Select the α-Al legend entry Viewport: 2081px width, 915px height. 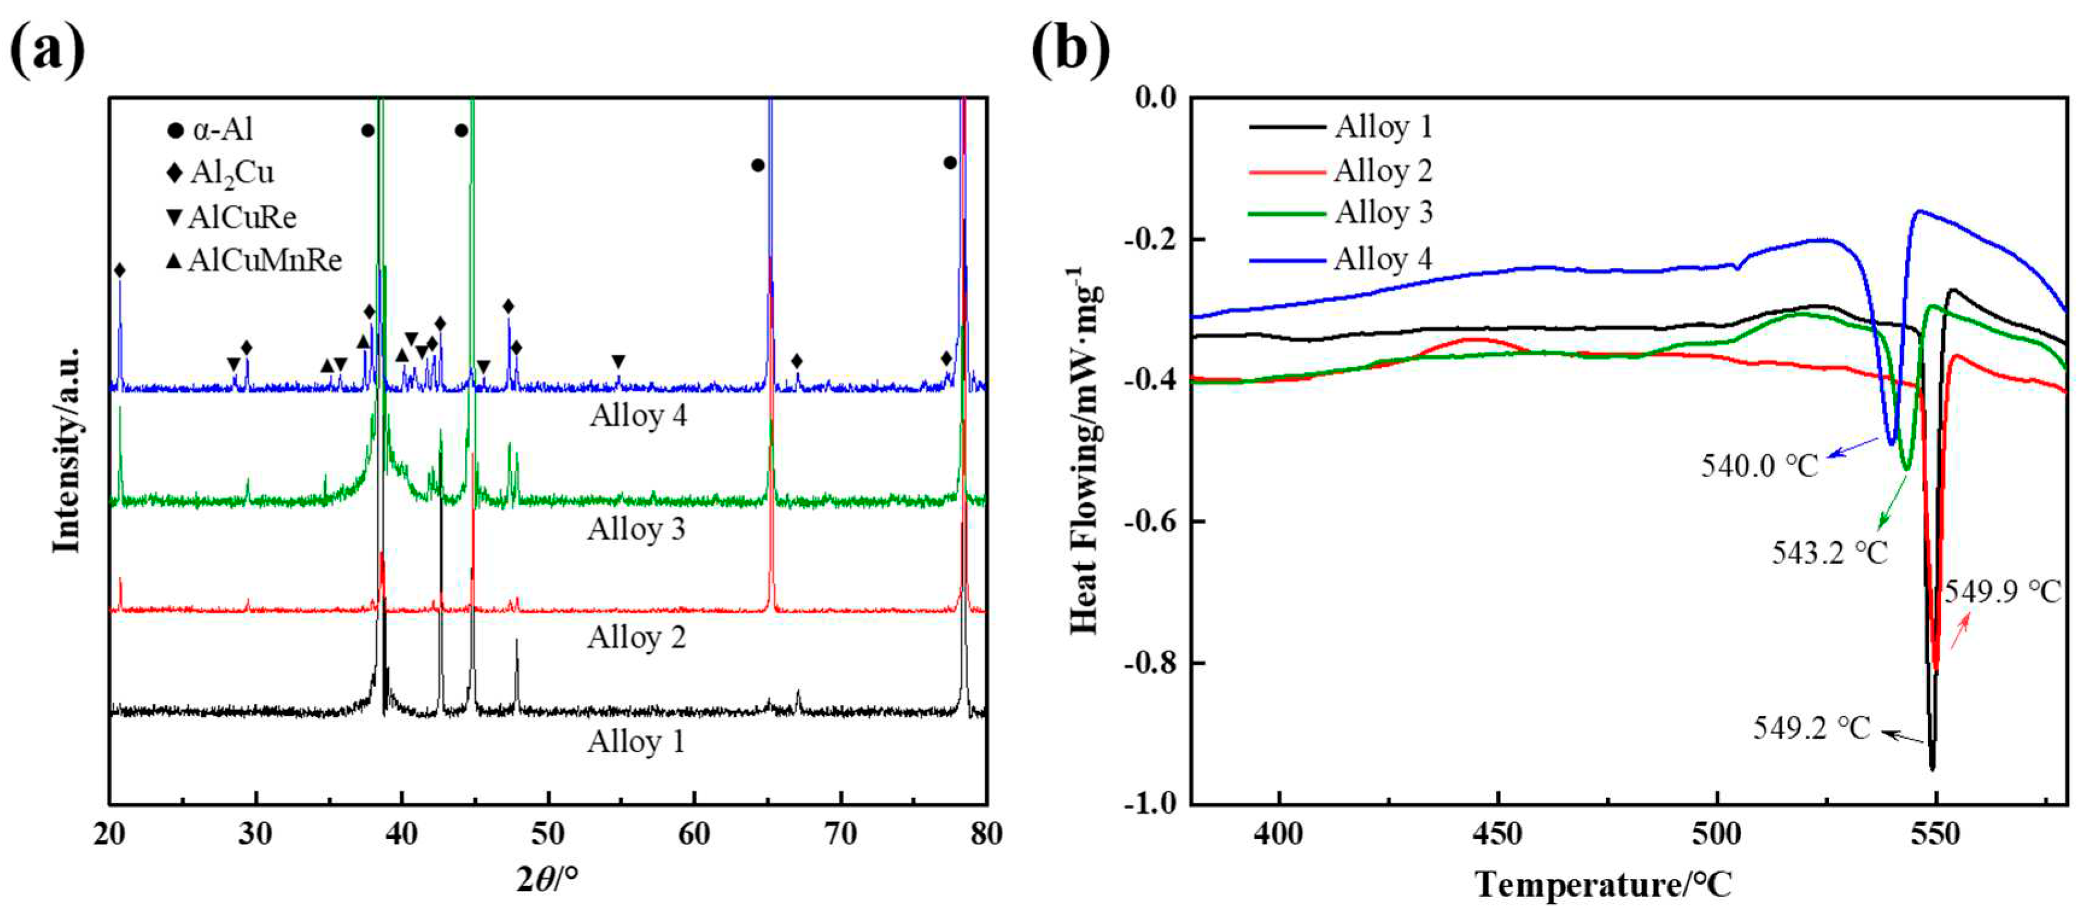[x=212, y=129]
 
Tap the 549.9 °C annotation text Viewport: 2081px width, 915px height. [x=2003, y=592]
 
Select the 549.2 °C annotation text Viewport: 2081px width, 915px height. [x=1811, y=728]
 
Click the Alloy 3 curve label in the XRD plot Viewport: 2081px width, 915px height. [x=637, y=530]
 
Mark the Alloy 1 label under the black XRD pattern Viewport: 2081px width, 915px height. [x=637, y=741]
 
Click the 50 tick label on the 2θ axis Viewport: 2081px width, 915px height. [x=548, y=834]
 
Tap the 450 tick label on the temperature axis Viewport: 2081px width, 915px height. [x=1497, y=834]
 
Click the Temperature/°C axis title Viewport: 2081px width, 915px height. [x=1604, y=884]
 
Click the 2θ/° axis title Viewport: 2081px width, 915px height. [x=548, y=879]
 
